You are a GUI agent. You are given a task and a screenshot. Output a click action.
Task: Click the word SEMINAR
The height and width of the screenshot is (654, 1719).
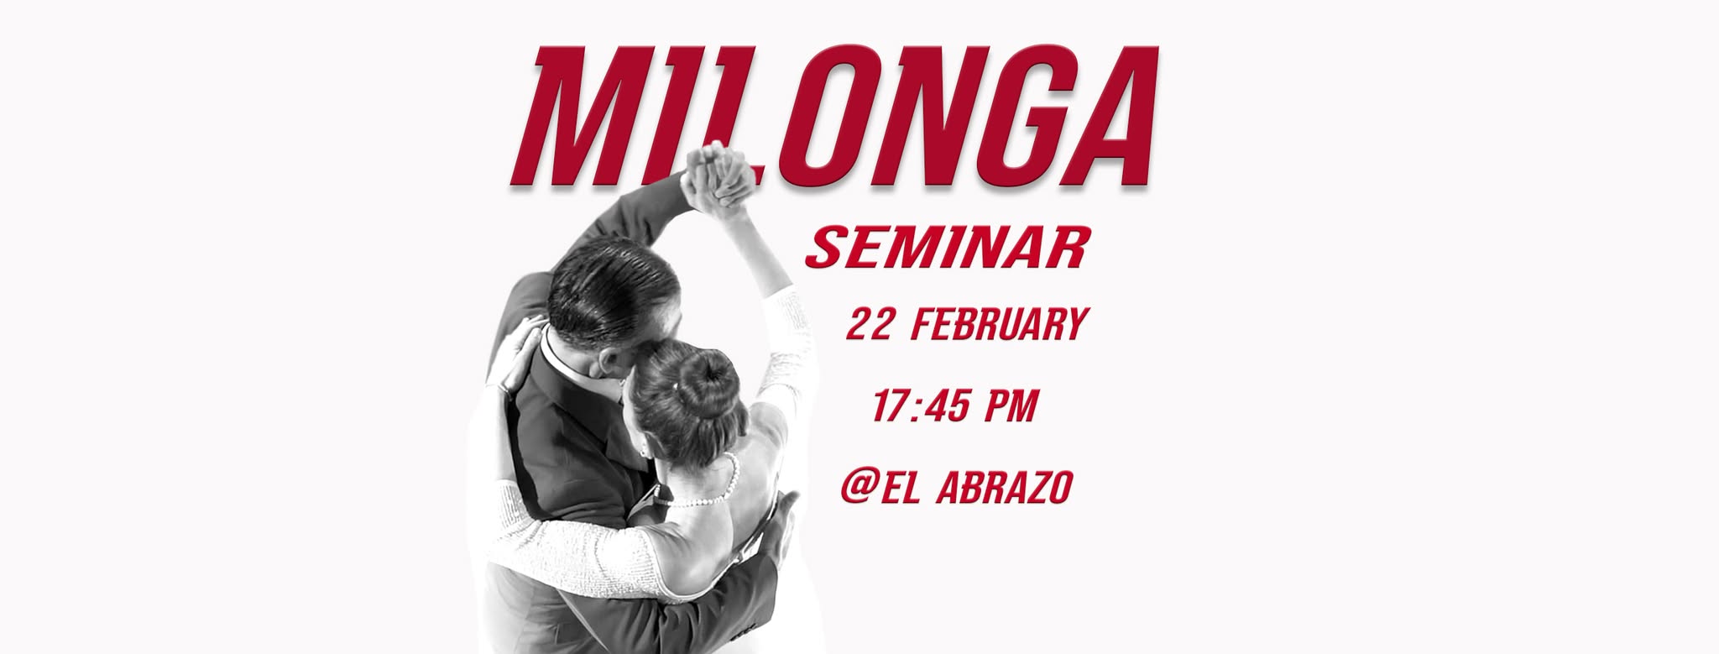[948, 247]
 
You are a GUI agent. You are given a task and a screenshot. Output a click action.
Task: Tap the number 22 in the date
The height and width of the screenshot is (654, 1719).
[869, 325]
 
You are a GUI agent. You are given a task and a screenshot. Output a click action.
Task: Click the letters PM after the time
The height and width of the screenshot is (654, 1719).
[1011, 406]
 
